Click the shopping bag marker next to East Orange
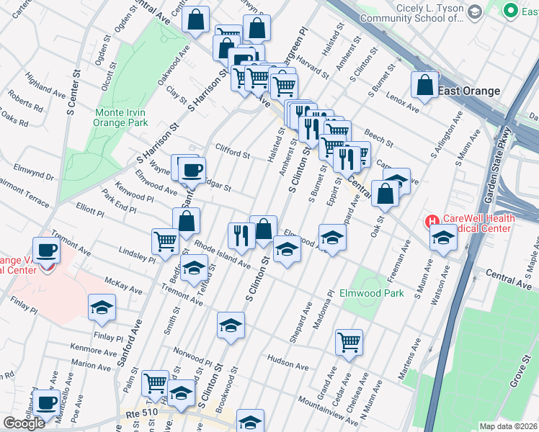[425, 85]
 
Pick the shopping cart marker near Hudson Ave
[349, 341]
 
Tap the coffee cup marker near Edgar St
[192, 170]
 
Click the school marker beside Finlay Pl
[102, 307]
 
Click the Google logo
[24, 423]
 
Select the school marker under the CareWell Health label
[442, 240]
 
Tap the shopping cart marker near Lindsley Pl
[165, 241]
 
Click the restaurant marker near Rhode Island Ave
[241, 235]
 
